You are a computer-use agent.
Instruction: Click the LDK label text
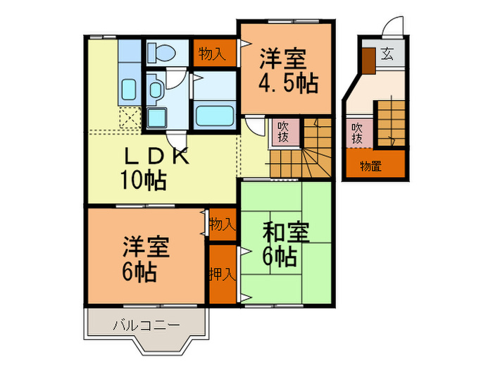pos(156,156)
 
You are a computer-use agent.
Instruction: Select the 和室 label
pos(285,232)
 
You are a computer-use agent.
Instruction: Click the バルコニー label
pos(146,325)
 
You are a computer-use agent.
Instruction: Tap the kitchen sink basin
pos(130,90)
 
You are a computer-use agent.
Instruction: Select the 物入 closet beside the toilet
pos(212,54)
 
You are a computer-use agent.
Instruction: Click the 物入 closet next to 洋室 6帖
pos(222,224)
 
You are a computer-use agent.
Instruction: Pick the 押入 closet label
pos(222,272)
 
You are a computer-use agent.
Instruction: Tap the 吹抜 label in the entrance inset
pos(358,133)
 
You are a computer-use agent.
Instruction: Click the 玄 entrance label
pos(387,53)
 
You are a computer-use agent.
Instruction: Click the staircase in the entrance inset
pos(390,123)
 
